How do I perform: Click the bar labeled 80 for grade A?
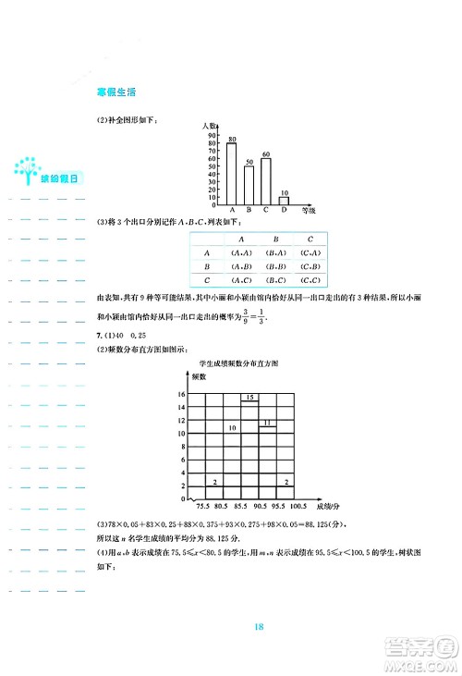coord(231,173)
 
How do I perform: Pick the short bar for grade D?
coord(284,200)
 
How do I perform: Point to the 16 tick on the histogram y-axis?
coord(182,395)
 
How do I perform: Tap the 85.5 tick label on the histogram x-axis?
coord(238,507)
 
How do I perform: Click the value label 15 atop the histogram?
coord(249,398)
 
